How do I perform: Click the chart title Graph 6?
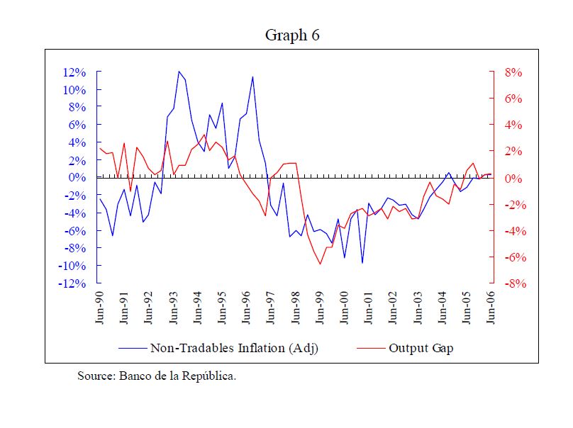point(292,35)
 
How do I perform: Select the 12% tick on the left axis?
point(74,72)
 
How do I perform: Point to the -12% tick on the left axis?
point(72,283)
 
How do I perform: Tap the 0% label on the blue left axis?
point(77,178)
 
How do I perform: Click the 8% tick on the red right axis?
point(513,72)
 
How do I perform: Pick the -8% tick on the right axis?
point(511,283)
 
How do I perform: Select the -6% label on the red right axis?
point(511,257)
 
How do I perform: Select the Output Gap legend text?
point(421,348)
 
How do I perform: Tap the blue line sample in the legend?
point(133,349)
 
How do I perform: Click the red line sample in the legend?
point(371,349)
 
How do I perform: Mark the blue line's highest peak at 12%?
point(179,72)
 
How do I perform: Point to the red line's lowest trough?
point(320,264)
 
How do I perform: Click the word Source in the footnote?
point(94,376)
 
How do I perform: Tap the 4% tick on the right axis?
point(513,125)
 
